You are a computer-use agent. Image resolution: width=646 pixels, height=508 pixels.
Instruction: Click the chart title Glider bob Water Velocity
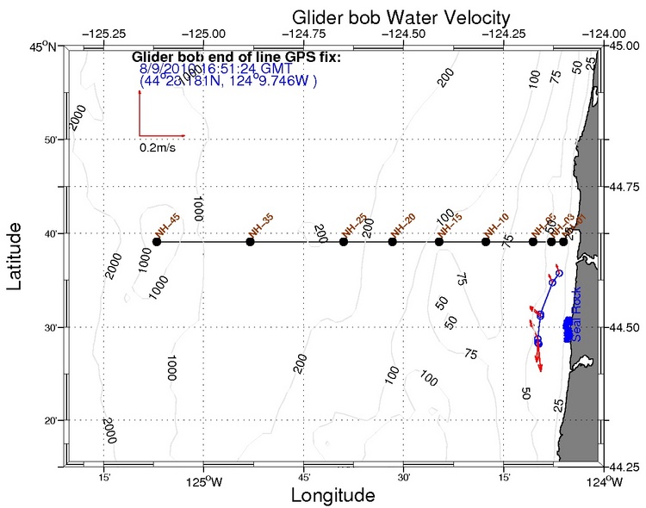tap(401, 17)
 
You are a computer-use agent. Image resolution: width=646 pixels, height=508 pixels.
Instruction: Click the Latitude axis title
tap(16, 256)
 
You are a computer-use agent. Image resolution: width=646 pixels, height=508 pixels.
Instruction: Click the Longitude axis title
tap(333, 496)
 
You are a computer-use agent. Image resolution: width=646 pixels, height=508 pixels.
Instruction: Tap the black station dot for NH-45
tap(157, 242)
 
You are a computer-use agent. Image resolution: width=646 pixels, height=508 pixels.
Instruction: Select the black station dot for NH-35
tap(250, 242)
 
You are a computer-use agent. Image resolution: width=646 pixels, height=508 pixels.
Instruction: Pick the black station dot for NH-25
tap(344, 242)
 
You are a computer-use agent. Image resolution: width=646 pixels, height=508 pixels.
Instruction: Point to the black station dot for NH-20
tap(393, 242)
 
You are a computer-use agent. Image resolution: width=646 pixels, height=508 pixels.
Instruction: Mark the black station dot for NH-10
tap(486, 242)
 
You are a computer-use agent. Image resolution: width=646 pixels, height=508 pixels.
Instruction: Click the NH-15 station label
tap(449, 223)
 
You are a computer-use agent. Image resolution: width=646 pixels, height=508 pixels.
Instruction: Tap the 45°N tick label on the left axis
tap(44, 46)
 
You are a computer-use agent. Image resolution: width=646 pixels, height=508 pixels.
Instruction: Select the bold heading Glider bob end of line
tap(238, 58)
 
